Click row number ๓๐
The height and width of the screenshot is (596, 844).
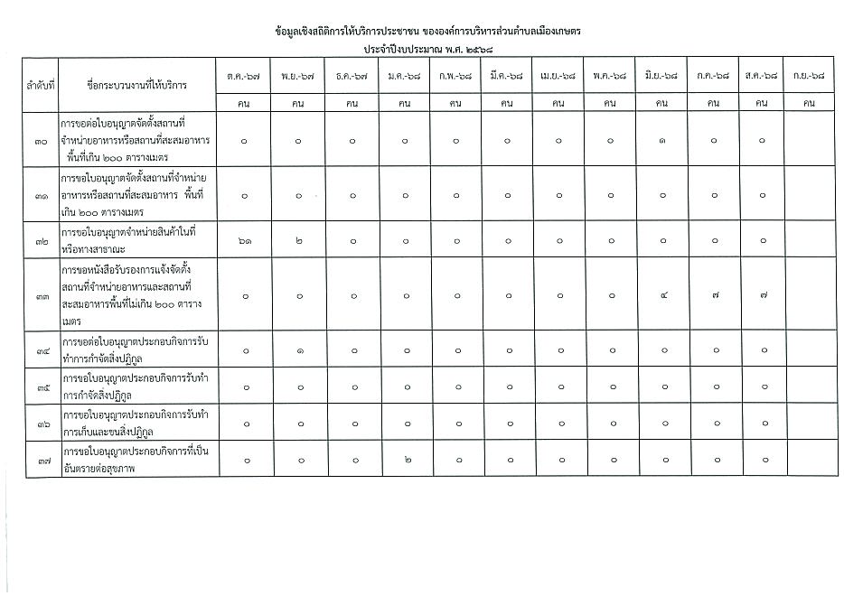(41, 141)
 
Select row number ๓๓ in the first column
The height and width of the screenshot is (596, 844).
(41, 295)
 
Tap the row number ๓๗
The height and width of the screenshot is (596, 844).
(41, 461)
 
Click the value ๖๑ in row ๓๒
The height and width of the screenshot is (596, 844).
(246, 241)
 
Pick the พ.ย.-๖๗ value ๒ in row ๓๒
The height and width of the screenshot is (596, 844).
(298, 241)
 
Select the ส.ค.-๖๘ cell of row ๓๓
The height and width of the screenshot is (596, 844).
(764, 295)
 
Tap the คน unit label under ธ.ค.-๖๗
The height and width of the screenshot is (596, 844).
(352, 103)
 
